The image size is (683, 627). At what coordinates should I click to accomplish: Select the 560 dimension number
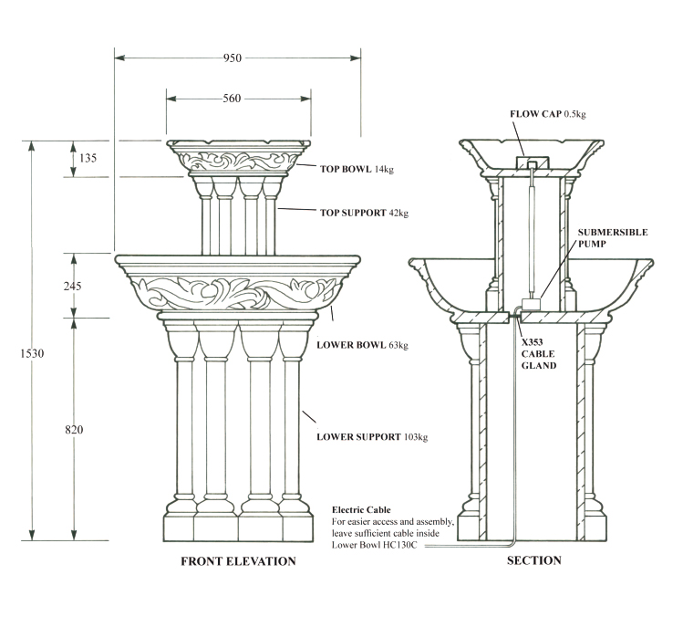tap(232, 99)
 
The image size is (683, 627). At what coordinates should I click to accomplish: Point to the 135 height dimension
tap(88, 159)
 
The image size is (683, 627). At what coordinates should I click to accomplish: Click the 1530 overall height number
tap(32, 352)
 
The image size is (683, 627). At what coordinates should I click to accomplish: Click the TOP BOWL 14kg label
tap(357, 169)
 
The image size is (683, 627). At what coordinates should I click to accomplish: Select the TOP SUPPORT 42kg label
tap(363, 213)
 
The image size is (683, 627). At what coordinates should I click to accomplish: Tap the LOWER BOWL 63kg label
tap(362, 345)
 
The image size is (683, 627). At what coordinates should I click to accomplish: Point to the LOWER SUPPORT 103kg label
tap(372, 436)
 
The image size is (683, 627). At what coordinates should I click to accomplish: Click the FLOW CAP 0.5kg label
tap(546, 114)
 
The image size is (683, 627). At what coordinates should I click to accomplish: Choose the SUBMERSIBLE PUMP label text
tap(612, 239)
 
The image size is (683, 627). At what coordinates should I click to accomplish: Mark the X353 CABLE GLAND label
tap(538, 354)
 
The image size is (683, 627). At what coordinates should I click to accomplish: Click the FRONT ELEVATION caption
tap(239, 561)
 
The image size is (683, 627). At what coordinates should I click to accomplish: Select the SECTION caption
tap(534, 560)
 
